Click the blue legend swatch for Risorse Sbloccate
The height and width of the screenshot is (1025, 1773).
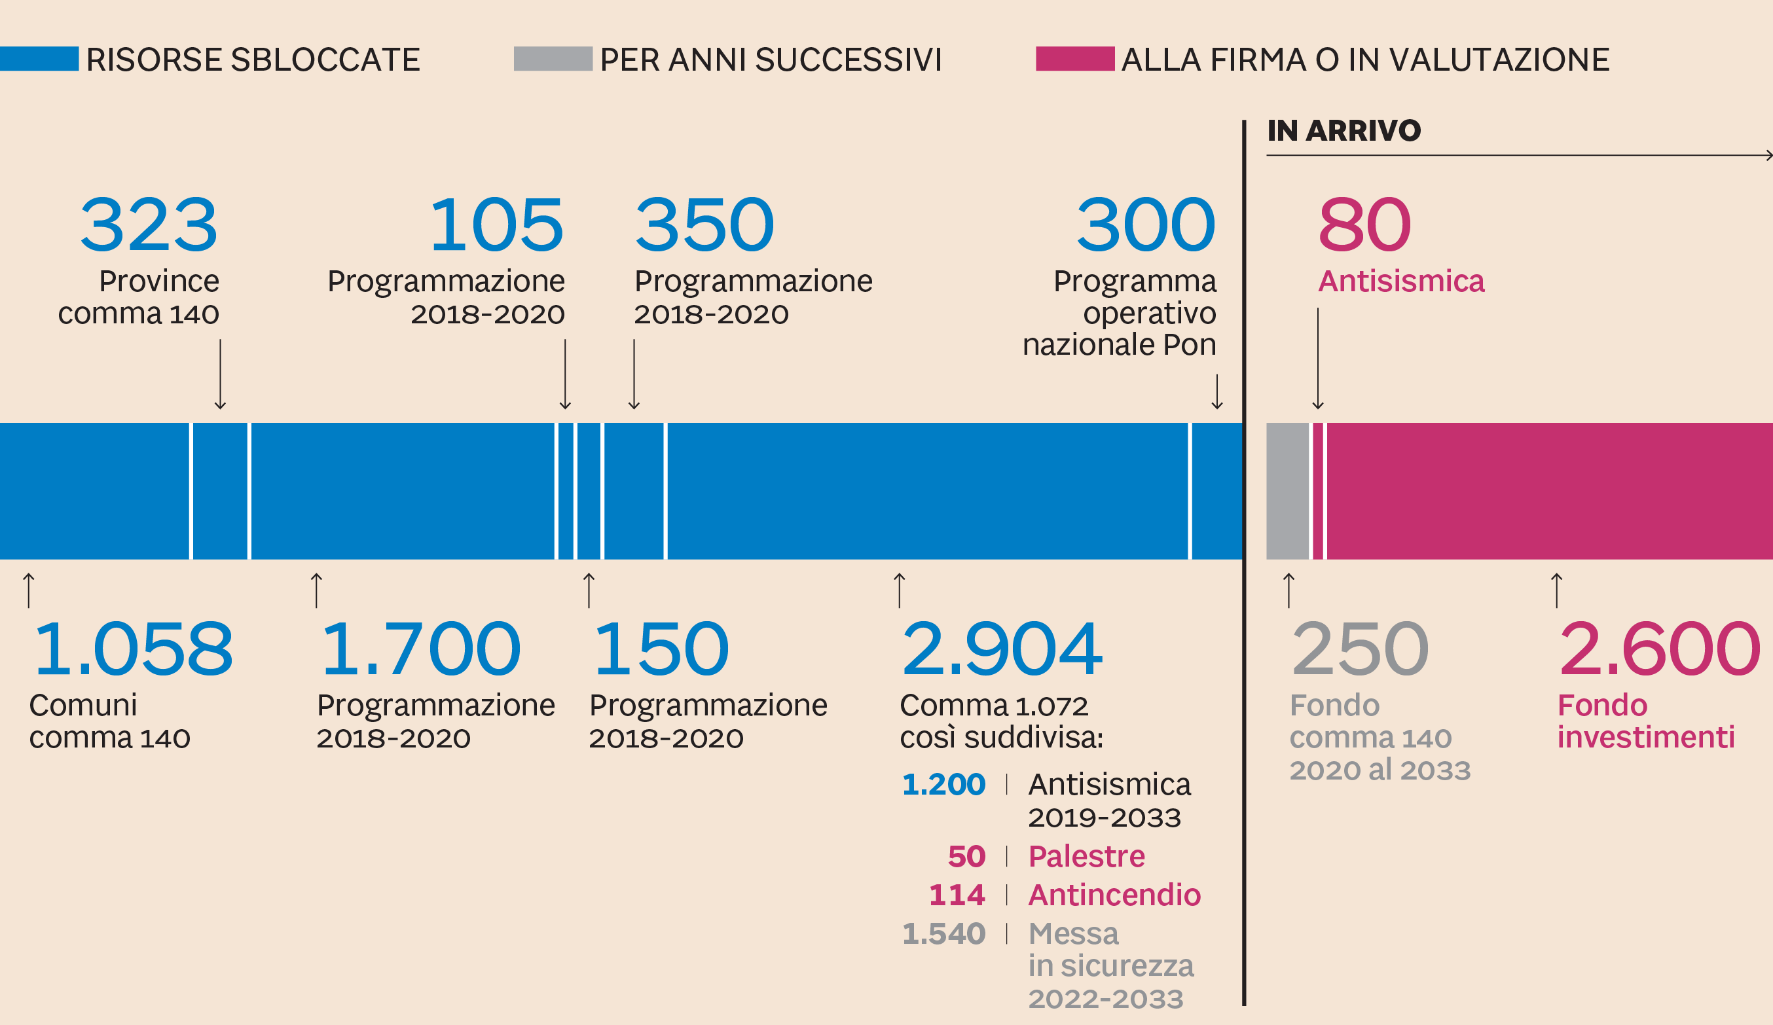coord(39,59)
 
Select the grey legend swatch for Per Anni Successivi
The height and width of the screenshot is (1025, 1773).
coord(553,59)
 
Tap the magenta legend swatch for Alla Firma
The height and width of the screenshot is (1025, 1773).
coord(1074,59)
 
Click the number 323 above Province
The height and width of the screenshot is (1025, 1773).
coord(149,225)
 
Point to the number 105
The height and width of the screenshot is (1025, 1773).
coord(497,225)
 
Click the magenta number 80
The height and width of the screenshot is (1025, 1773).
coord(1364,225)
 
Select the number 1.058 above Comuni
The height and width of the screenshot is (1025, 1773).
coord(133,649)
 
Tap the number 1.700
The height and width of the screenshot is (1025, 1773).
coord(420,649)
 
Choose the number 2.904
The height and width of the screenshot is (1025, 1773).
coord(1001,649)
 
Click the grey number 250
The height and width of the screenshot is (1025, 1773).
coord(1360,649)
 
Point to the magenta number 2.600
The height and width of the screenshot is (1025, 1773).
coord(1659,649)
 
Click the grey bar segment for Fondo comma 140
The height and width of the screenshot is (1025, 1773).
coord(1287,491)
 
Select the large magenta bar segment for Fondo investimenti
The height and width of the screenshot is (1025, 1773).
coord(1548,491)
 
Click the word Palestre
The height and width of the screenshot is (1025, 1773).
coord(1086,857)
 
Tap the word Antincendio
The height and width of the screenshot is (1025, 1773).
coord(1114,895)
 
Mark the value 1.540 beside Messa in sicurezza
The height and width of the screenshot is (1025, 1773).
coord(943,934)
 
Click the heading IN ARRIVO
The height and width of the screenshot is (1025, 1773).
coord(1343,131)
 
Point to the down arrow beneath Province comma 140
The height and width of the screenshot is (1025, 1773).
coord(220,374)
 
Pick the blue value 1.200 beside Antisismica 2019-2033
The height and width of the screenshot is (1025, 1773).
coord(943,784)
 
